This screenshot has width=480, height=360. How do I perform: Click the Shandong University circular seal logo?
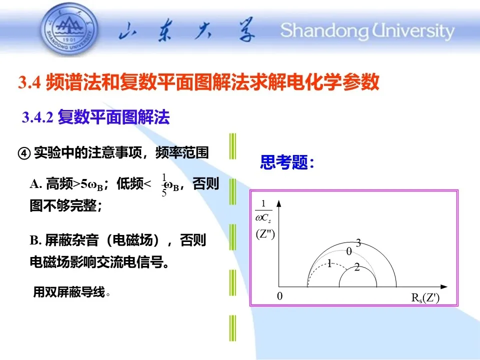[69, 29]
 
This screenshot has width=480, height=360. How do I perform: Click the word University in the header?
[413, 31]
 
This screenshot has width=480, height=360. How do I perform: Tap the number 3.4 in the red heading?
[29, 82]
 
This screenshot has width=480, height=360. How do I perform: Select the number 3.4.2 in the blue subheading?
[37, 117]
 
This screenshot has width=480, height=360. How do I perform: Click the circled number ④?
[24, 153]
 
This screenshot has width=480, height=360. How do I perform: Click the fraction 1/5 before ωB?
[164, 185]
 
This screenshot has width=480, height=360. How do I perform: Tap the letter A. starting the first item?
[36, 184]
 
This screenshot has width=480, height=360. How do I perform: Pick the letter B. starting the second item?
[35, 240]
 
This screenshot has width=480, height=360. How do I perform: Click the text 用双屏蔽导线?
[71, 291]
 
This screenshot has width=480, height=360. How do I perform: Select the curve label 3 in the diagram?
[358, 243]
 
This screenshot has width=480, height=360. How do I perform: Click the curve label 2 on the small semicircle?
[357, 267]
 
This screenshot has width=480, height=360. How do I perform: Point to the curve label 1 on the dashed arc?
[329, 263]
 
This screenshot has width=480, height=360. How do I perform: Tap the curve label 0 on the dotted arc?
[349, 251]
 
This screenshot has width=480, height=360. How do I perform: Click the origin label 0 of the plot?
[280, 296]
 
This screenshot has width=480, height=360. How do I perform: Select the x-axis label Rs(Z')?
[425, 297]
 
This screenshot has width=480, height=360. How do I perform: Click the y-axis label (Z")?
[265, 234]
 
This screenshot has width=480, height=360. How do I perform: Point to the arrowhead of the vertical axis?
[278, 203]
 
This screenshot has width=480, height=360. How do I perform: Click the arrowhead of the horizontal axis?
[444, 287]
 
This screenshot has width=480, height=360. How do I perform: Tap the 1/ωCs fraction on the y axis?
[263, 211]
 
